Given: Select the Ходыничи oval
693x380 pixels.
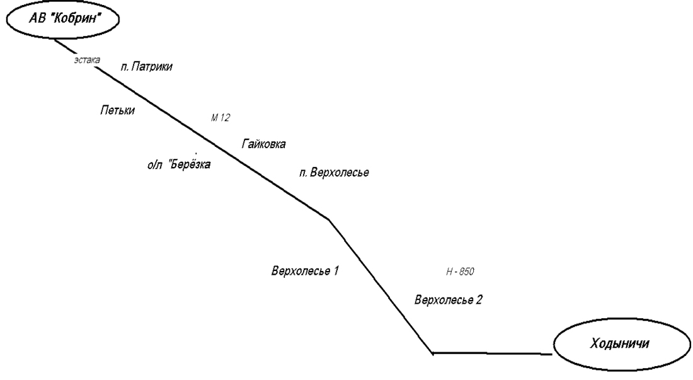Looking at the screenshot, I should click(619, 344).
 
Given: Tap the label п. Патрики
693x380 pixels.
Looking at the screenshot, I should click(146, 66).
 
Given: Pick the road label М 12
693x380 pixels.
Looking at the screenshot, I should click(220, 118).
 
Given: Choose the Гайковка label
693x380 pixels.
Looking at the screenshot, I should click(263, 144).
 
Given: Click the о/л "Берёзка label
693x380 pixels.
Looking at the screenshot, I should click(178, 165).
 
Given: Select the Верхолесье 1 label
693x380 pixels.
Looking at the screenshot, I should click(306, 272).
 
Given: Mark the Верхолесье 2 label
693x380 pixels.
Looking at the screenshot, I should click(449, 299).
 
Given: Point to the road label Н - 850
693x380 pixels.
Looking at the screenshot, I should click(459, 272).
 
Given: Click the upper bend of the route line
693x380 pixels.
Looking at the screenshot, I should click(328, 219).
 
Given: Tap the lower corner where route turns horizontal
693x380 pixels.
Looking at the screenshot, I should click(433, 353).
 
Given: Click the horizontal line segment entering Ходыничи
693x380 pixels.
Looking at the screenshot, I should click(491, 354).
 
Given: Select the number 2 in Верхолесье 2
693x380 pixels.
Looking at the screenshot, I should click(479, 299).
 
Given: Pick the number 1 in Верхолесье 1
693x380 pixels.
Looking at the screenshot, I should click(336, 272).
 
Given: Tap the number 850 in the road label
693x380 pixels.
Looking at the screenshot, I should click(466, 272).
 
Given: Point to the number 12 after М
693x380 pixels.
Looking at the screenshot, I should click(225, 118).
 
